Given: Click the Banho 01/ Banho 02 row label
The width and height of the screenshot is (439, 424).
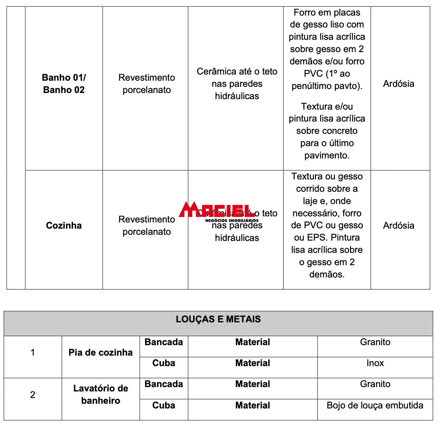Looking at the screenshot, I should click(x=64, y=84).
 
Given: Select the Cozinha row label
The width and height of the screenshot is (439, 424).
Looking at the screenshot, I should click(x=64, y=225).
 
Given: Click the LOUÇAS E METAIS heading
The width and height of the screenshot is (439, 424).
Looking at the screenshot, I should click(x=218, y=319).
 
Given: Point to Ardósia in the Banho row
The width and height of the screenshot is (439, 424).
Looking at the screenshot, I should click(x=398, y=84).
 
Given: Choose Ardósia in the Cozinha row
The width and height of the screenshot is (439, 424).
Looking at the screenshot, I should click(x=398, y=225).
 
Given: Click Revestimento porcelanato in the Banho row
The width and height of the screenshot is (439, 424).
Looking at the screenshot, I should click(x=146, y=84).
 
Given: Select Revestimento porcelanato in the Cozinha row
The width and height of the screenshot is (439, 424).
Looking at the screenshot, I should click(x=146, y=225).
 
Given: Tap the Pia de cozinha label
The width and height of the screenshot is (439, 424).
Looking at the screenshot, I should click(x=101, y=352).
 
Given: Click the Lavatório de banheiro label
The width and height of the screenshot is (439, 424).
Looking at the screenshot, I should click(x=101, y=394).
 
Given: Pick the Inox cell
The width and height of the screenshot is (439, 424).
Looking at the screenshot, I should click(x=375, y=363).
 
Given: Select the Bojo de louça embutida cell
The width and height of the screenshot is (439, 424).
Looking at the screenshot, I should click(x=375, y=405).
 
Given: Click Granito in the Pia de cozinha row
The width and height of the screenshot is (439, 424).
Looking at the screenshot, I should click(x=375, y=342).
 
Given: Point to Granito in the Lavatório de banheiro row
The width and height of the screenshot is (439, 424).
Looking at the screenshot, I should click(x=375, y=384).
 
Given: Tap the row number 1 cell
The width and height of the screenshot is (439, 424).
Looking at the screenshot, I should click(x=33, y=352).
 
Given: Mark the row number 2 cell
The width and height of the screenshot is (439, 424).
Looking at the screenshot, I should click(x=33, y=394).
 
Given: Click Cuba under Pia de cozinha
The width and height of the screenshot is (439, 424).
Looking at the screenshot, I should click(x=163, y=363).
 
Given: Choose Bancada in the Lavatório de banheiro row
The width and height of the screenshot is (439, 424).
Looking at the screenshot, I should click(x=163, y=384).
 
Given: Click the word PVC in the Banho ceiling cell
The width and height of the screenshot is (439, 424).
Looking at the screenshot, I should click(x=313, y=74).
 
